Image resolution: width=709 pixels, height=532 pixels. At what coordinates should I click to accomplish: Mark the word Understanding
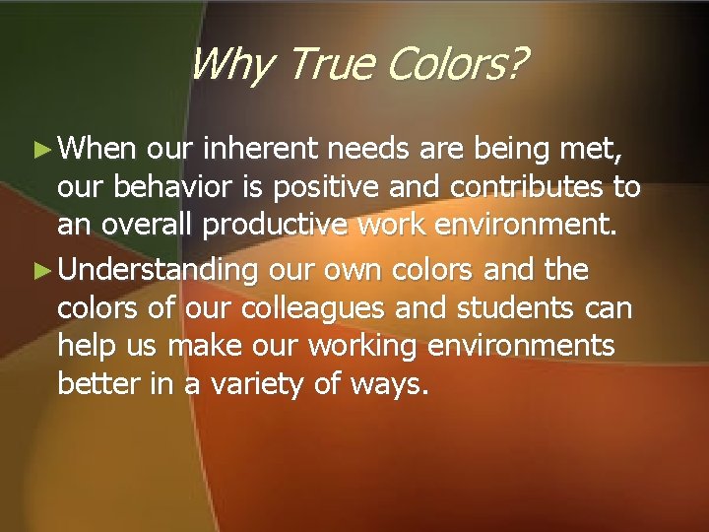tap(163, 269)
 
